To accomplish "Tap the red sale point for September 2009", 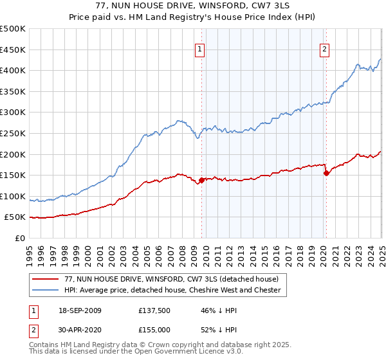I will click(x=201, y=180).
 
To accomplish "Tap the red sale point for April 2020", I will click(x=326, y=172).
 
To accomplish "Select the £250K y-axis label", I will click(x=13, y=133).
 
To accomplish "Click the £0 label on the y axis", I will click(x=21, y=238).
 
